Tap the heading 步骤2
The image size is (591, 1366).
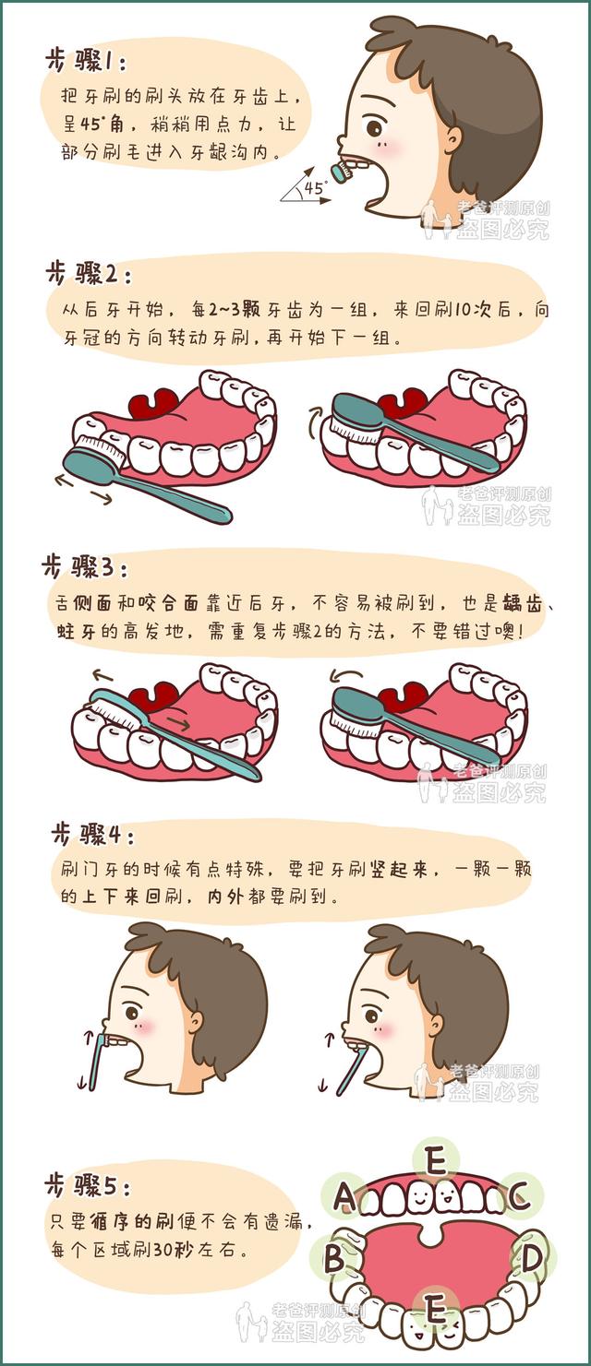point(89,273)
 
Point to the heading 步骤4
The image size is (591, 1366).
point(92,836)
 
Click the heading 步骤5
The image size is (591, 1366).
point(89,1185)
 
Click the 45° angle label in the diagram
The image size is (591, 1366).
point(315,187)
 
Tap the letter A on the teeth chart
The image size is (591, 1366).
point(344,1197)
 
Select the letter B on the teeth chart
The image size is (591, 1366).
point(334,1257)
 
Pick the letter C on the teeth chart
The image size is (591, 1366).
point(518,1197)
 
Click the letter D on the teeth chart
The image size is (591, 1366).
point(531,1257)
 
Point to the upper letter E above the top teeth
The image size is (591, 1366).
point(435,1159)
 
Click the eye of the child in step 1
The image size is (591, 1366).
point(373,126)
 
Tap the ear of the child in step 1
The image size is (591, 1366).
point(452,138)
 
